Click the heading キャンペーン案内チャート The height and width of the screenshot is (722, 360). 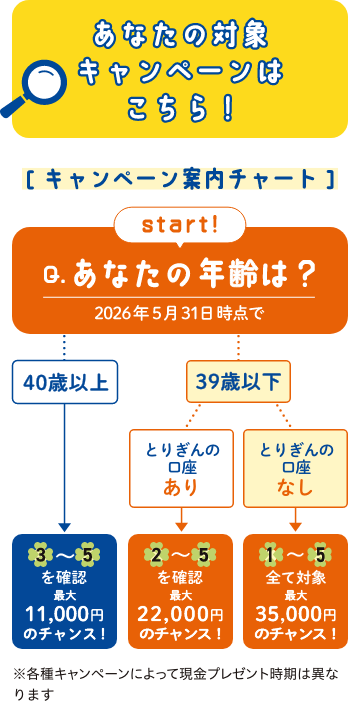180,180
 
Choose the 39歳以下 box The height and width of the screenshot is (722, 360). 238,380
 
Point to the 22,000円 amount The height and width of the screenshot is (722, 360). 181,614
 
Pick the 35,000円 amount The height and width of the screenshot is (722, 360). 296,614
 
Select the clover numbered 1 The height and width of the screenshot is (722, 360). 272,554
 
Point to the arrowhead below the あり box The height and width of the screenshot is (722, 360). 181,525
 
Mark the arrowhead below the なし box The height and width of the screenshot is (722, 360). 296,525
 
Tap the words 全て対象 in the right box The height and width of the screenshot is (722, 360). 296,577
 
